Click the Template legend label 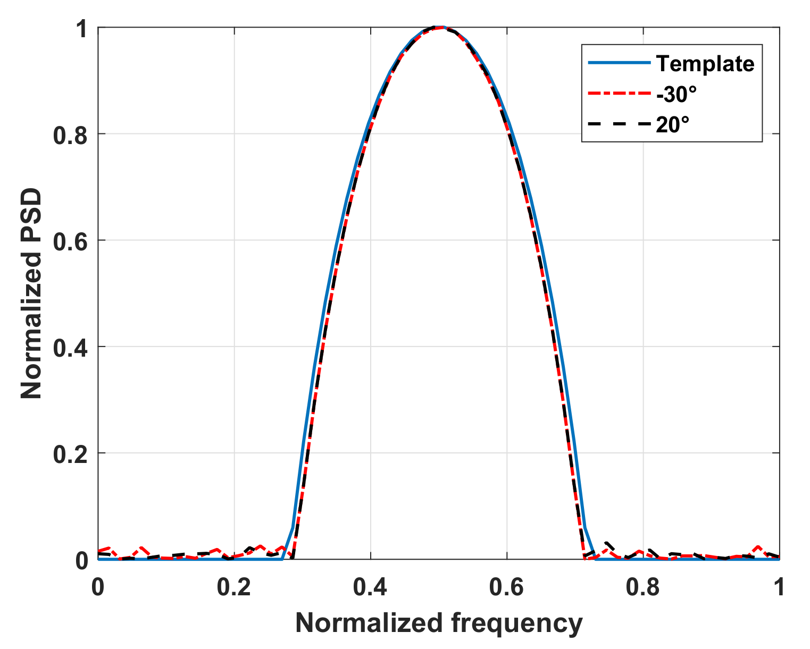pos(705,64)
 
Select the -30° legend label pos(676,95)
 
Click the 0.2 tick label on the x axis pos(234,587)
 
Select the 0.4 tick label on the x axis pos(371,587)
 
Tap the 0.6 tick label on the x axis pos(507,587)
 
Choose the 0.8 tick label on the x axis pos(644,587)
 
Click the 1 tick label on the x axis pos(779,587)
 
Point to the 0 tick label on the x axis pos(98,587)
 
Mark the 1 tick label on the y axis pos(81,29)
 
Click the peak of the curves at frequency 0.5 pos(438,27)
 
